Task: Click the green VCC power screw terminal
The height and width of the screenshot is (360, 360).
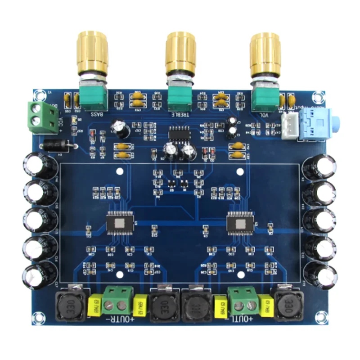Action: point(43,116)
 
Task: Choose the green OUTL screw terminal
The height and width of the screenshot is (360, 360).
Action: point(243,301)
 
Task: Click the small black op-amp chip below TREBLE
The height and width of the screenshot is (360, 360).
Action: point(179,135)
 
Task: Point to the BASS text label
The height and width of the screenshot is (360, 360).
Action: point(99,114)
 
